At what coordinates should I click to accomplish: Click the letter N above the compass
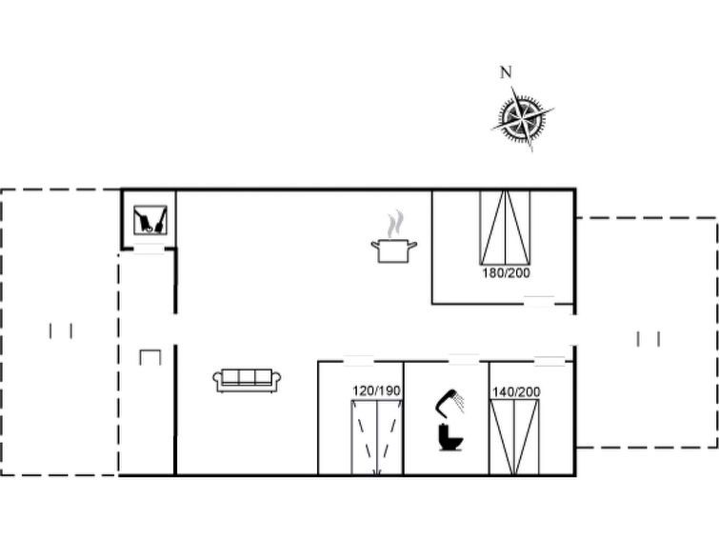(x=506, y=72)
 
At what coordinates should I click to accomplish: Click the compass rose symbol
(x=523, y=117)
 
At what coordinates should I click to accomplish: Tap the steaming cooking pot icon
(x=394, y=238)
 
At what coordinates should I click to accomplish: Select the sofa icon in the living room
(x=247, y=380)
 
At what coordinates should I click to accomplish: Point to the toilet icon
(x=450, y=437)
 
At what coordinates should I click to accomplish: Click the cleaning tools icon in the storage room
(x=150, y=220)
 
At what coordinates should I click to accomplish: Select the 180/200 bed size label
(x=506, y=273)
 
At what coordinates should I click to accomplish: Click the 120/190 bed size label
(x=376, y=390)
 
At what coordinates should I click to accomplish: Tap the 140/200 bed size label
(x=516, y=391)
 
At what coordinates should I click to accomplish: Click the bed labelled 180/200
(x=505, y=228)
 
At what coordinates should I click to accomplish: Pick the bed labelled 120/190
(x=377, y=438)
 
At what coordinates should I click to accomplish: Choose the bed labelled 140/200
(x=514, y=437)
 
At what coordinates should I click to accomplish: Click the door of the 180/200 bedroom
(x=539, y=301)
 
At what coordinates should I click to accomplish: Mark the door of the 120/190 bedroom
(x=359, y=361)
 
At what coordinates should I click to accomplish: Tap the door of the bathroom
(x=464, y=360)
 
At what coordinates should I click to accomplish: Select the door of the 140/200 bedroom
(x=549, y=361)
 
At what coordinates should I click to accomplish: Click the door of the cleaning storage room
(x=149, y=250)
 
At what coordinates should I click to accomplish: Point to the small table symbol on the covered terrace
(x=150, y=357)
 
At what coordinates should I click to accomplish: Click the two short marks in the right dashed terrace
(x=649, y=339)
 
